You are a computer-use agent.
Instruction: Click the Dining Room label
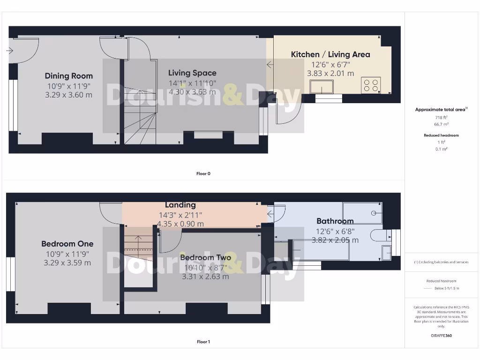pyautogui.click(x=69, y=76)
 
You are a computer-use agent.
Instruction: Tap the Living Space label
pyautogui.click(x=192, y=73)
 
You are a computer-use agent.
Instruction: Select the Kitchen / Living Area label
pyautogui.click(x=330, y=54)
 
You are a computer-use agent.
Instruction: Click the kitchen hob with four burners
pyautogui.click(x=371, y=85)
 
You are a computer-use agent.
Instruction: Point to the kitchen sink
pyautogui.click(x=321, y=87)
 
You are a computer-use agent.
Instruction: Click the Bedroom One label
pyautogui.click(x=67, y=244)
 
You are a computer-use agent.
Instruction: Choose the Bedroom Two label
pyautogui.click(x=205, y=258)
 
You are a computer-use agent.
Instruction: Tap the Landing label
pyautogui.click(x=180, y=205)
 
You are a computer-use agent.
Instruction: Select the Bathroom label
pyautogui.click(x=335, y=221)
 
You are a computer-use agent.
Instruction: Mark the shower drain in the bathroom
pyautogui.click(x=374, y=213)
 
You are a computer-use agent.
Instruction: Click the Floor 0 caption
pyautogui.click(x=203, y=174)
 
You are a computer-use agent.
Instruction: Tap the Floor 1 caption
pyautogui.click(x=203, y=342)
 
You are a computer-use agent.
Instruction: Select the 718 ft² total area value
pyautogui.click(x=441, y=117)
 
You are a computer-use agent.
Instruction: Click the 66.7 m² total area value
pyautogui.click(x=441, y=125)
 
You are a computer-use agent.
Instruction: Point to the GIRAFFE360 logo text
pyautogui.click(x=441, y=336)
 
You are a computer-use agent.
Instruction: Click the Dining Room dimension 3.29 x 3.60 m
pyautogui.click(x=69, y=95)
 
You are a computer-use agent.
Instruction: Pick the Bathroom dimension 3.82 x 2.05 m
pyautogui.click(x=335, y=240)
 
